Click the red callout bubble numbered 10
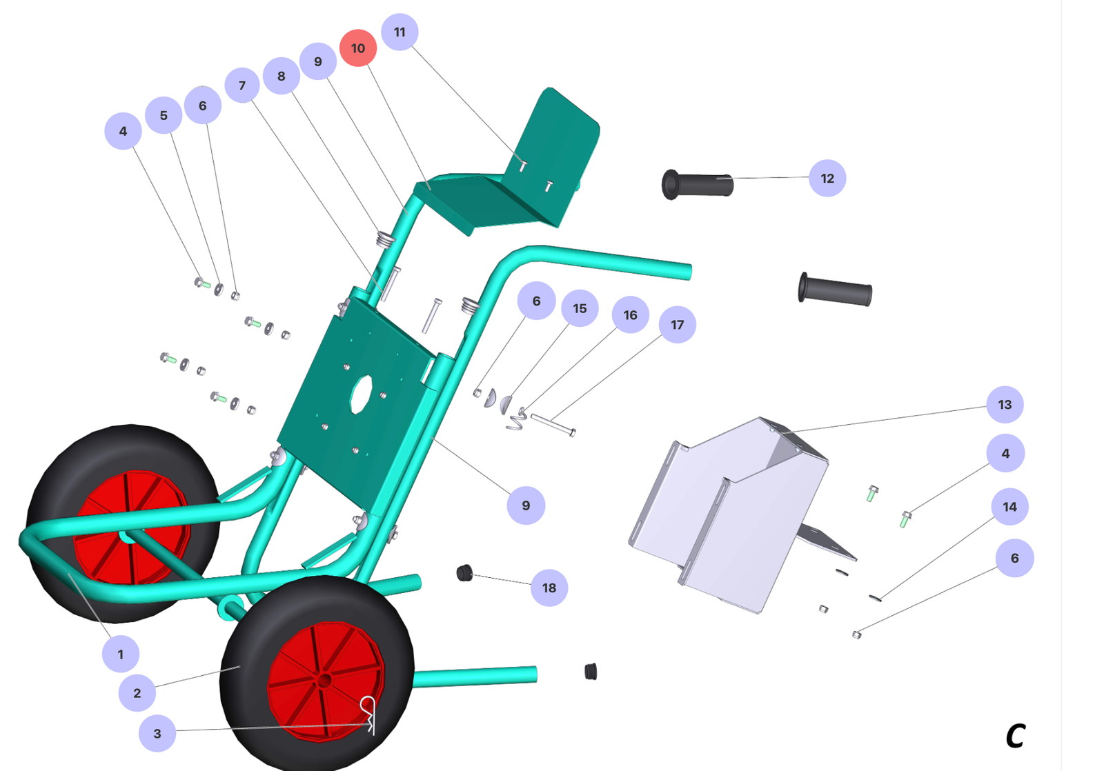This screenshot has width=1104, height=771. [358, 48]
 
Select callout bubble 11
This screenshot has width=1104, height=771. [400, 32]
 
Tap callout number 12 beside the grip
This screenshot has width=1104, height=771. [827, 178]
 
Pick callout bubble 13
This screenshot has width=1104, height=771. [1005, 405]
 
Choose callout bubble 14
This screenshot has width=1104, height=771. [1010, 506]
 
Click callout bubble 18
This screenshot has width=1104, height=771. [549, 588]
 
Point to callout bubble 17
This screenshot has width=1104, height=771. [677, 324]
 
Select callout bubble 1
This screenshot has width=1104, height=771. [120, 654]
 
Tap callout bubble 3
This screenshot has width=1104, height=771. [157, 733]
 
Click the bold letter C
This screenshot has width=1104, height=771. [1016, 736]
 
